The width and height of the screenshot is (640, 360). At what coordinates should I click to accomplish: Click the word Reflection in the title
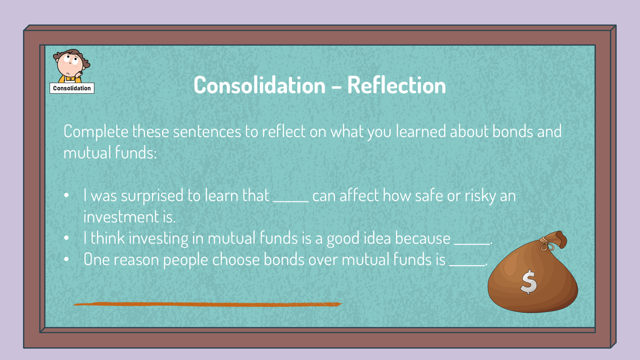click(396, 85)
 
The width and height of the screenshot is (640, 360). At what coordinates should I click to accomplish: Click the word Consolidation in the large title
click(260, 85)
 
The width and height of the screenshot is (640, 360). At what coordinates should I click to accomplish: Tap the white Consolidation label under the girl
click(72, 88)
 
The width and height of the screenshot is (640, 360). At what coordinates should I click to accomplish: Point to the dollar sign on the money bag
click(528, 282)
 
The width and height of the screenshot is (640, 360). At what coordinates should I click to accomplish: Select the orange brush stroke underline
click(208, 304)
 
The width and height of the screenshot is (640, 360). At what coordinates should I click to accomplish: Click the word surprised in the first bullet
click(152, 196)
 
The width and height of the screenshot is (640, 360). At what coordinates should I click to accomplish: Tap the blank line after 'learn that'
click(291, 201)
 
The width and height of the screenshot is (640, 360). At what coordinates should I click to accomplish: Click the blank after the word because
click(472, 244)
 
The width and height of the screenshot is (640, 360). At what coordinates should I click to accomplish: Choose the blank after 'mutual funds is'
click(467, 265)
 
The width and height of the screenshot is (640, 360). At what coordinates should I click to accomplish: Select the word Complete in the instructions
click(96, 132)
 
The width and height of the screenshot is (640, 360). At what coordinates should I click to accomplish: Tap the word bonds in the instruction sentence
click(512, 132)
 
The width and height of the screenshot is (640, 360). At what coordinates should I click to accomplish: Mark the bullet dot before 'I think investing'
click(66, 238)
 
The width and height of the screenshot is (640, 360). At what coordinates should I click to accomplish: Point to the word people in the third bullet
click(186, 260)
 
